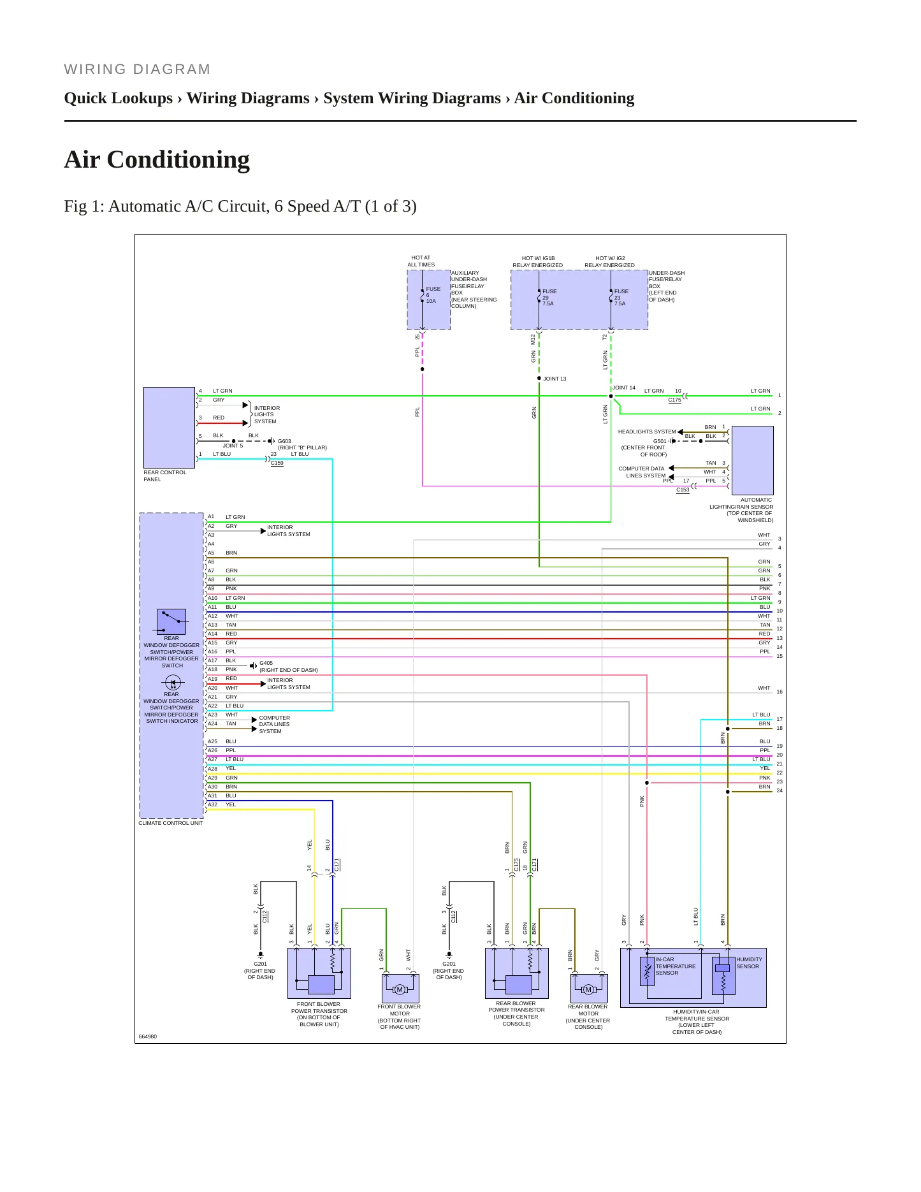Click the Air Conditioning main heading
click(157, 159)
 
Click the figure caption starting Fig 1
click(240, 206)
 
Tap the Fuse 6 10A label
click(433, 294)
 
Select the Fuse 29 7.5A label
click(549, 297)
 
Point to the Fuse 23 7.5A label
click(621, 297)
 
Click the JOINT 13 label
click(555, 379)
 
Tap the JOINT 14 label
click(624, 388)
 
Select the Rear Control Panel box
click(169, 427)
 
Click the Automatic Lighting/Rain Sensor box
click(753, 460)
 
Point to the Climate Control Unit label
click(171, 823)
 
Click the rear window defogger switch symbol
click(171, 621)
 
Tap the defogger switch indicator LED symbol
click(173, 683)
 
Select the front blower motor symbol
click(400, 989)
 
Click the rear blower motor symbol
click(588, 989)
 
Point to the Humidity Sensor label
click(749, 963)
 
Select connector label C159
click(277, 463)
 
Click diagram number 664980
click(148, 1036)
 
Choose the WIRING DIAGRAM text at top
click(137, 69)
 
